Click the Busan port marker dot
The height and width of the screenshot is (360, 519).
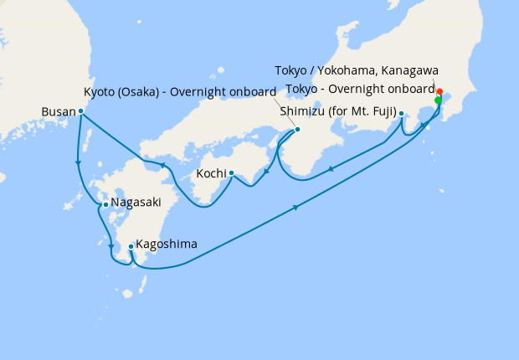coord(80,111)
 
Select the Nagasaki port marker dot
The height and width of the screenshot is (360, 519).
coord(105,204)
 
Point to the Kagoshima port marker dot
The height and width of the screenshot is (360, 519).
coord(131,246)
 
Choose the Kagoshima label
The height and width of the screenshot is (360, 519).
coord(167,244)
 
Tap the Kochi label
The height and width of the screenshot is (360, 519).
coord(211,173)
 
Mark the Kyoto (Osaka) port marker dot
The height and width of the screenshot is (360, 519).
coord(298,130)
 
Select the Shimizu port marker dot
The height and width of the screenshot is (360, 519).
coord(402,114)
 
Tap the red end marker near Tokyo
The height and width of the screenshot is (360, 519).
coord(440,90)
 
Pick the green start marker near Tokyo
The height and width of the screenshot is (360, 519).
coord(438,100)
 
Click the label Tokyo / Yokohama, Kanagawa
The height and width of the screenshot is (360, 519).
coord(357,70)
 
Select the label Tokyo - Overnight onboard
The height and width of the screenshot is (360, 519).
coord(360,89)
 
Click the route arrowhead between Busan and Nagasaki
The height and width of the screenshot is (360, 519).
coord(78,162)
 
